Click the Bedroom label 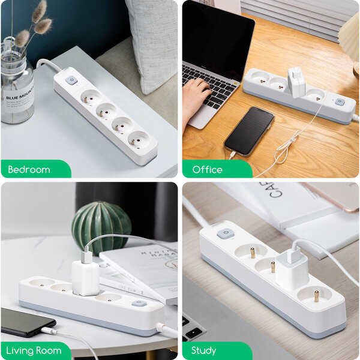pyautogui.click(x=29, y=170)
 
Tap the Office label pyautogui.click(x=207, y=170)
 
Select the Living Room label pyautogui.click(x=34, y=350)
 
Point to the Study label pyautogui.click(x=204, y=350)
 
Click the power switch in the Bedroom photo pyautogui.click(x=71, y=80)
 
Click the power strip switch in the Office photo pyautogui.click(x=340, y=102)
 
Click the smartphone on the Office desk pyautogui.click(x=250, y=131)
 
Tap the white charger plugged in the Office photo pyautogui.click(x=296, y=82)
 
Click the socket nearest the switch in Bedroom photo pyautogui.click(x=91, y=96)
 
